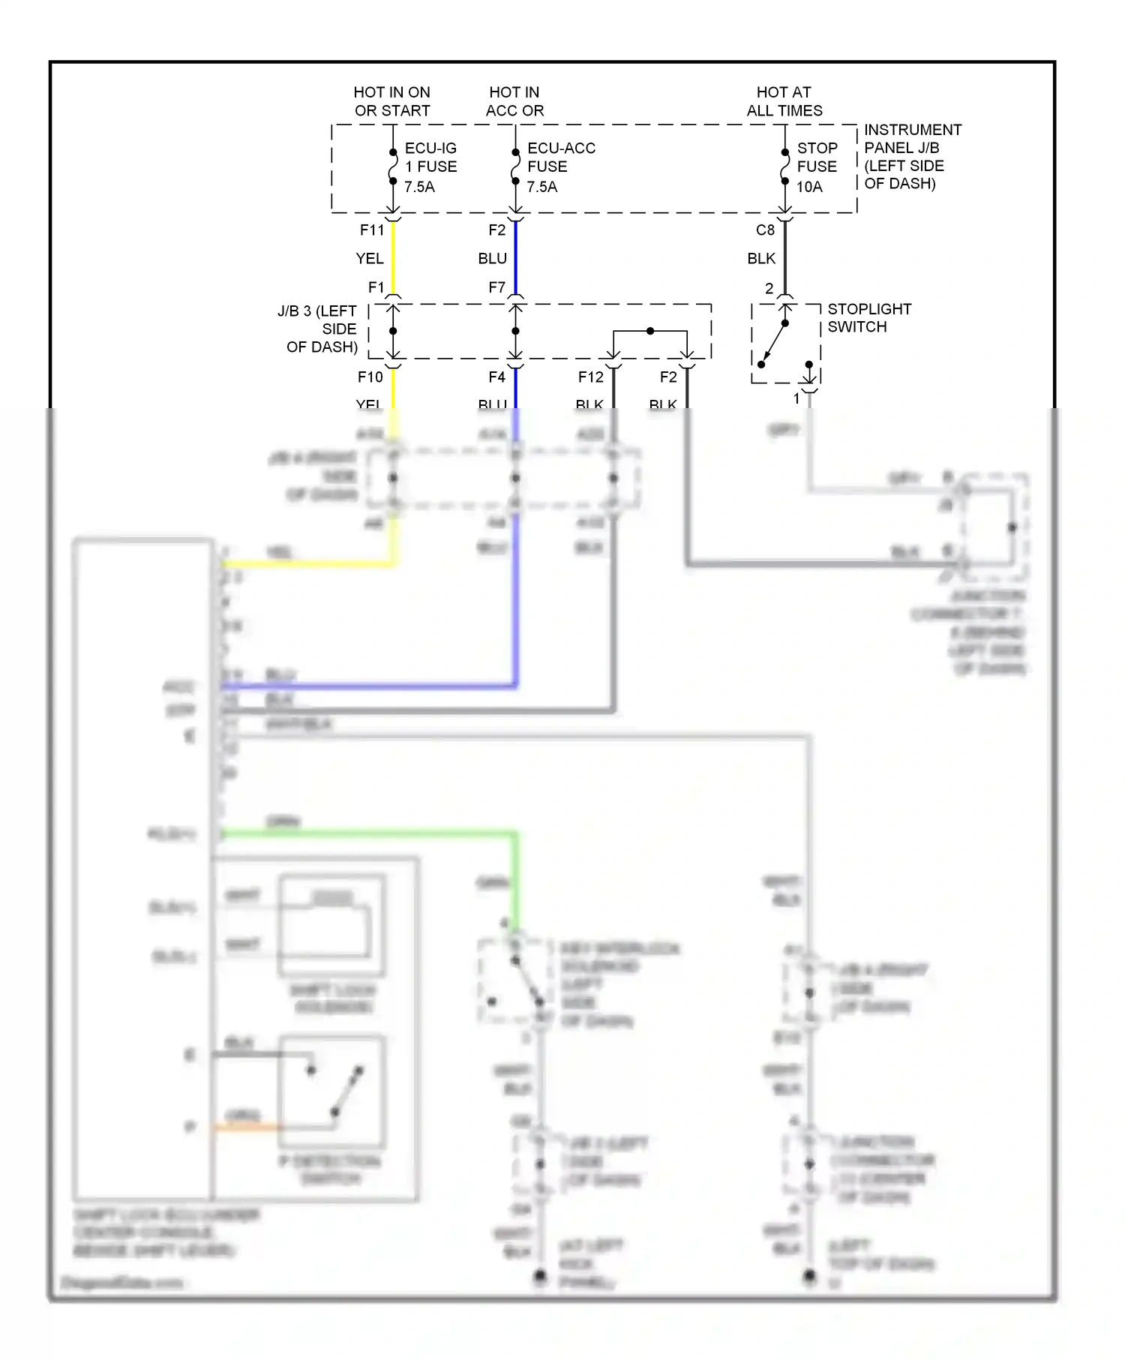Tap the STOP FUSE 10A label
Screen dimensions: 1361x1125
tap(816, 167)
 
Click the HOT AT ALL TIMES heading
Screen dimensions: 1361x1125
tap(784, 101)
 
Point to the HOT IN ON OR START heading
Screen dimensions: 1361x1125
tap(391, 101)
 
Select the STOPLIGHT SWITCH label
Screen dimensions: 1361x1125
tap(868, 317)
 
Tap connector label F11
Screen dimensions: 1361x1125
tap(372, 230)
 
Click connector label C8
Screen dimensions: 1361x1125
tap(765, 230)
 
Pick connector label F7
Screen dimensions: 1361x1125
tap(496, 287)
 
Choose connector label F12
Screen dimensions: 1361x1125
tap(590, 377)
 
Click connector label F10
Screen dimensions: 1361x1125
tap(370, 377)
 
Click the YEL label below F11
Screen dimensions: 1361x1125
tap(369, 259)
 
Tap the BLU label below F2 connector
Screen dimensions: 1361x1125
tap(492, 259)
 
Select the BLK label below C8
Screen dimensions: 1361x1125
tap(761, 259)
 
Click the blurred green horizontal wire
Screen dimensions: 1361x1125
tap(367, 833)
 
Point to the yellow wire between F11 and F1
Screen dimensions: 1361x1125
tap(393, 259)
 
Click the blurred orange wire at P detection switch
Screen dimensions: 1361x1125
tap(247, 1126)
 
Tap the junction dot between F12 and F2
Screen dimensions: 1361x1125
tap(650, 331)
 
